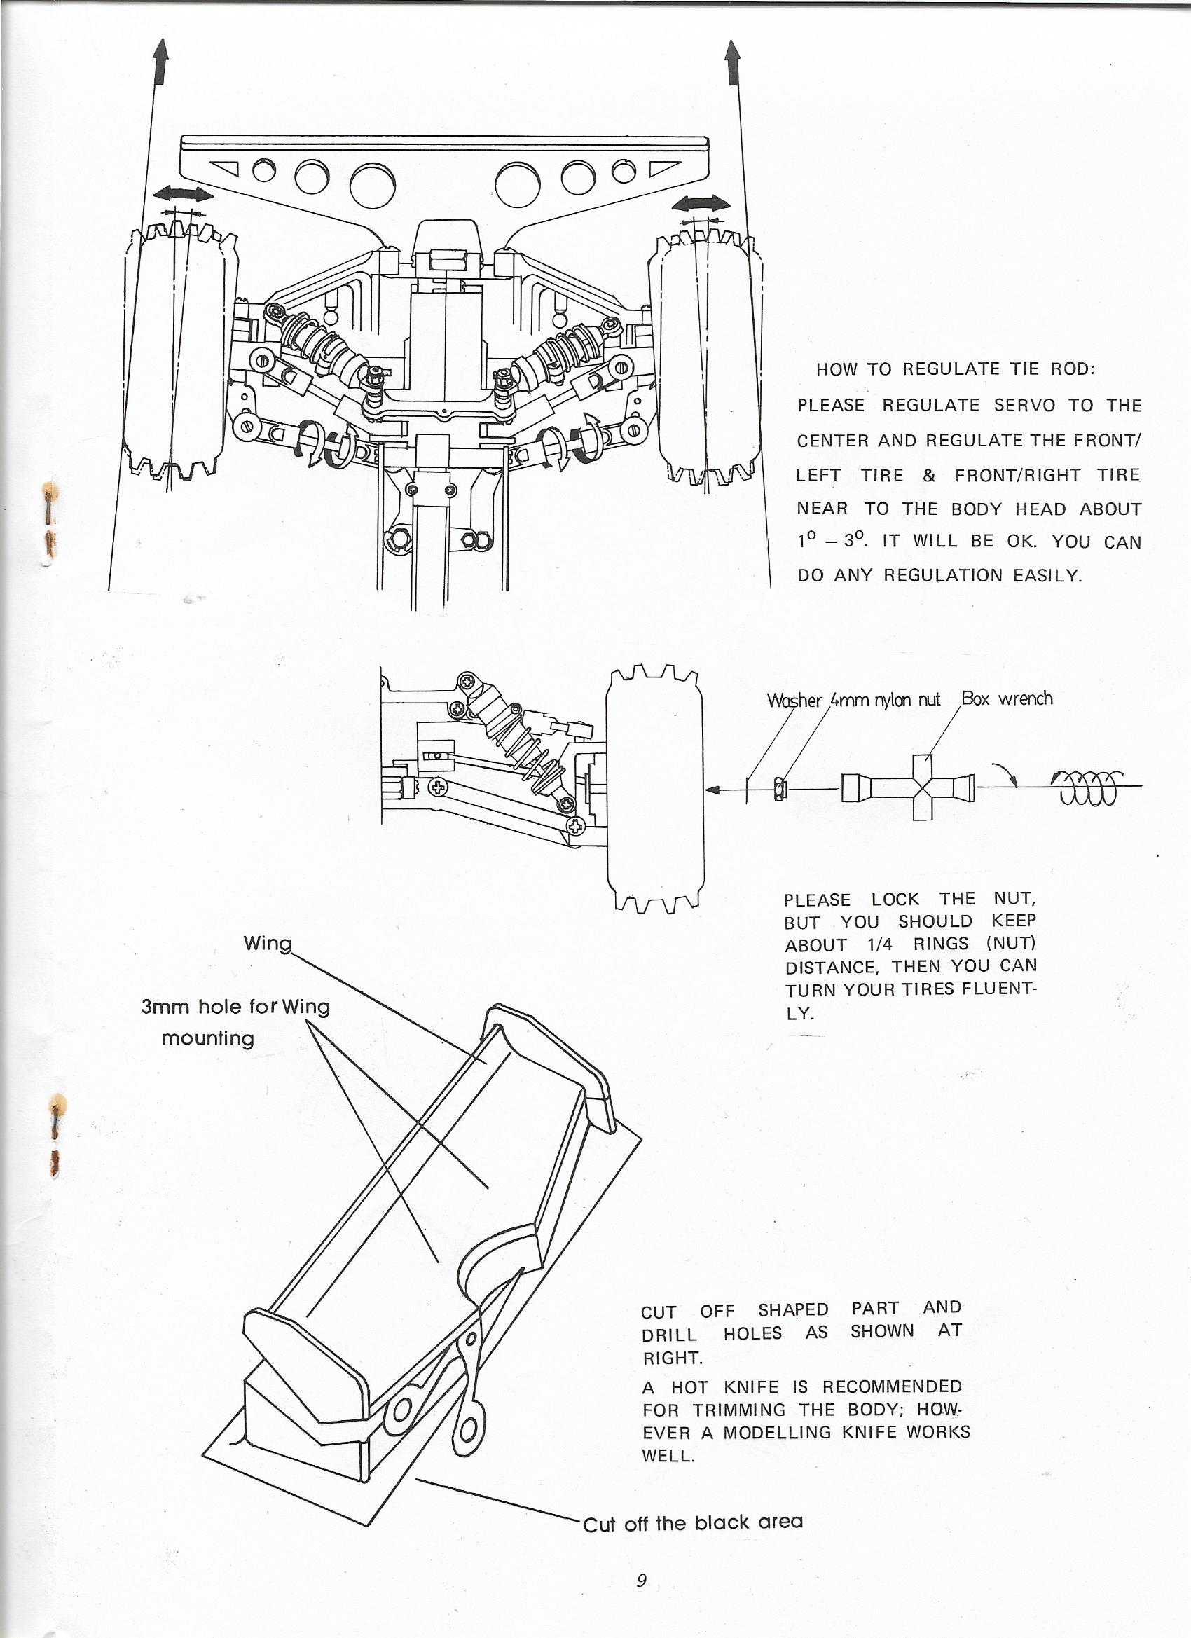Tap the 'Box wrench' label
click(1007, 698)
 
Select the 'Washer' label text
click(794, 701)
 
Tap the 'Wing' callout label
click(267, 943)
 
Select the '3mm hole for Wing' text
click(235, 1006)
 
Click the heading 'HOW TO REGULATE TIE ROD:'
click(956, 369)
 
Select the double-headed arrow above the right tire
click(701, 205)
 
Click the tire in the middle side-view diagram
click(654, 787)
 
